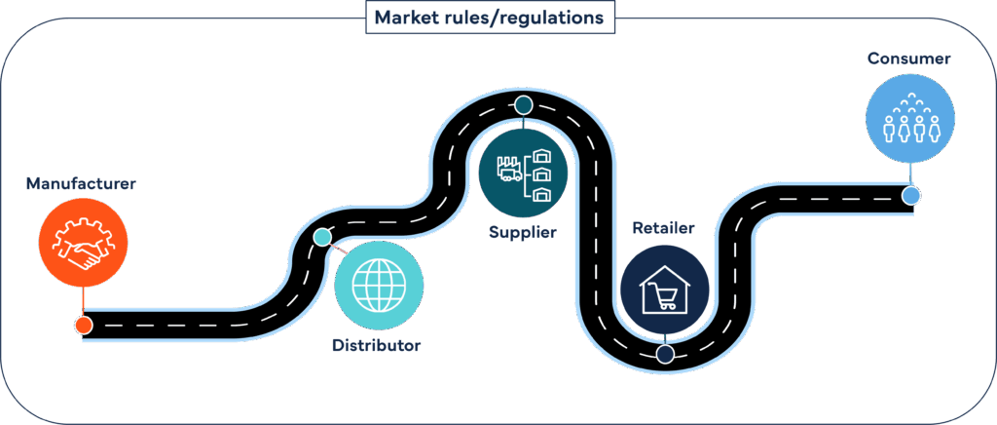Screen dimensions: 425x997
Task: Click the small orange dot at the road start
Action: pos(84,325)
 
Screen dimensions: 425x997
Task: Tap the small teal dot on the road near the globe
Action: pos(322,237)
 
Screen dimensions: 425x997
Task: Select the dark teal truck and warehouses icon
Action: pos(523,173)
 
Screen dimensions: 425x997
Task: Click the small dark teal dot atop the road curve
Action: pos(523,104)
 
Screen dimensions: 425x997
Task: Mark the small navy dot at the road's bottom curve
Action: pos(665,355)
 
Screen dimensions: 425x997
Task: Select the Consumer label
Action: pos(909,59)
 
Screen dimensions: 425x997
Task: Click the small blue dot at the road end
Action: pos(910,197)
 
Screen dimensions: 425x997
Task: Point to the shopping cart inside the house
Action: pos(667,298)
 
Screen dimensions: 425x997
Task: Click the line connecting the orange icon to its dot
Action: pos(83,301)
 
